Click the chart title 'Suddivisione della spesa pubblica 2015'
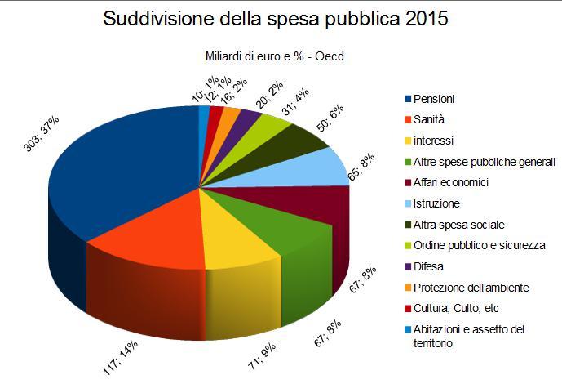pyautogui.click(x=276, y=19)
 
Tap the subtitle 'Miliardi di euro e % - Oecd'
pyautogui.click(x=275, y=57)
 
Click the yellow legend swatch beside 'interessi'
pyautogui.click(x=408, y=141)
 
